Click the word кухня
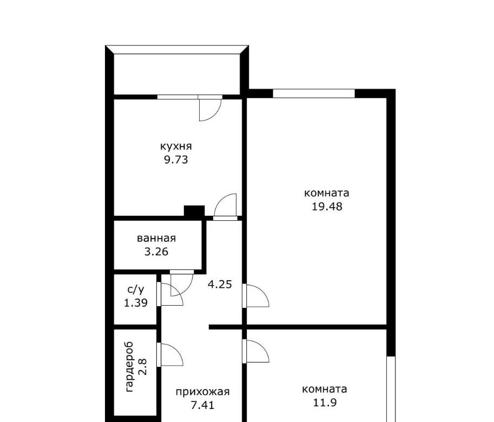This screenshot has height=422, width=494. pos(176,147)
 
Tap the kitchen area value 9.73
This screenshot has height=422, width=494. pos(176,160)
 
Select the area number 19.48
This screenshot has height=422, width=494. pos(327,206)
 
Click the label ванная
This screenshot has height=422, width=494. pos(156,238)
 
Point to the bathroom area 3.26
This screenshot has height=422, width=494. pos(156,252)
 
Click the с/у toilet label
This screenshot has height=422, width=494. pos(136,289)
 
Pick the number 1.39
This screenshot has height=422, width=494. pos(136,302)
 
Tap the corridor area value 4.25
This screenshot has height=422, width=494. pos(220,285)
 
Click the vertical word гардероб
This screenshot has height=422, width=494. pos(129,367)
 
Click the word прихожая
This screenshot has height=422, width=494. pos(202,392)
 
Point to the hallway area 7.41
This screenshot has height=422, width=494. pos(202,405)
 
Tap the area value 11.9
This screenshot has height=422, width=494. pos(325,403)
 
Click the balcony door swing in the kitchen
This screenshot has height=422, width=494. pos(210,110)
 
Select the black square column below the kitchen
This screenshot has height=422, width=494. pos(194,210)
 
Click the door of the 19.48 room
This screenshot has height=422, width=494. pos(258,295)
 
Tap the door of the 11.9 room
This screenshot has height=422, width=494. pos(258,351)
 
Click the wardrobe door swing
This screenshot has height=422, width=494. pos(172,354)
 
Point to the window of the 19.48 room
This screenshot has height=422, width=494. pos(314,93)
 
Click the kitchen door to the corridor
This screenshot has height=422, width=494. pos(225,205)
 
